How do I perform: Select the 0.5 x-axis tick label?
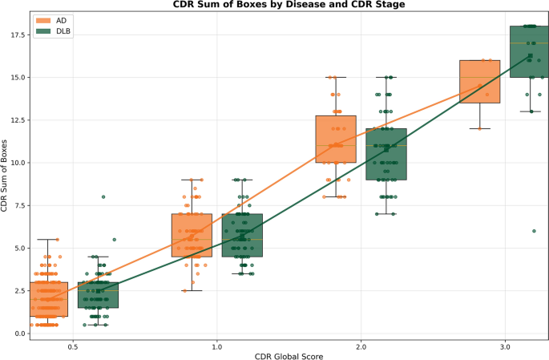[73, 348]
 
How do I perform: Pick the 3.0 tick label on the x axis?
[504, 348]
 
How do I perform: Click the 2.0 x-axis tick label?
[361, 348]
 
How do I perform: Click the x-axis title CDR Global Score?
[289, 356]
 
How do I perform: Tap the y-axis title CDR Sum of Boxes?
[6, 176]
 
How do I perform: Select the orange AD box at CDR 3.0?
[479, 82]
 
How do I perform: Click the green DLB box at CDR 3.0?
[530, 52]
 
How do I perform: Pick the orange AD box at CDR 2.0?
[336, 140]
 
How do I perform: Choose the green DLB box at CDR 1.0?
[242, 235]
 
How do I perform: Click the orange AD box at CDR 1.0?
[192, 235]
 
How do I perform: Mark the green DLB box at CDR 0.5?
[99, 295]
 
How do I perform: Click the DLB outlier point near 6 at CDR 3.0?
[534, 231]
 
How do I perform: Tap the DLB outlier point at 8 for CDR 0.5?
[103, 196]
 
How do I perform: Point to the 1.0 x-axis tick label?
[216, 348]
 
